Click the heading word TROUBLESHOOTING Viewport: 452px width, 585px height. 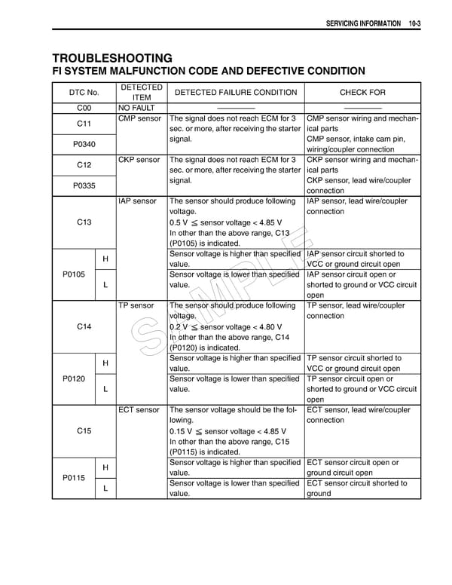(x=112, y=58)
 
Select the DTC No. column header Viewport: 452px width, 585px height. (x=84, y=92)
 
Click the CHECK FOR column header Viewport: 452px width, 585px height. (x=362, y=92)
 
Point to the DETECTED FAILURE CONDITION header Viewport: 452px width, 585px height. (x=236, y=92)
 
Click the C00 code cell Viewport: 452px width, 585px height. (x=84, y=108)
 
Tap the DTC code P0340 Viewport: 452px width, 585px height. (x=84, y=143)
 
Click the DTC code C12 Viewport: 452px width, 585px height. (x=84, y=164)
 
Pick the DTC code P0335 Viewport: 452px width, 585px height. (x=84, y=185)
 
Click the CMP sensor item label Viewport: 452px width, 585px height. (x=140, y=119)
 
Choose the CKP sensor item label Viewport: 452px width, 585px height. (x=140, y=160)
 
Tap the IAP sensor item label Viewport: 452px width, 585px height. (x=139, y=201)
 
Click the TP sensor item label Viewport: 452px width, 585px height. (x=136, y=306)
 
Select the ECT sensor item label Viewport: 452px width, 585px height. (x=139, y=410)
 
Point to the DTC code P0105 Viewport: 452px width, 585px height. (x=73, y=274)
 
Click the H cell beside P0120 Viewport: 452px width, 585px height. (x=105, y=363)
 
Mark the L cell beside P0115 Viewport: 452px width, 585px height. (x=105, y=489)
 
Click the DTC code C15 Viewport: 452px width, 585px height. (x=84, y=431)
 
